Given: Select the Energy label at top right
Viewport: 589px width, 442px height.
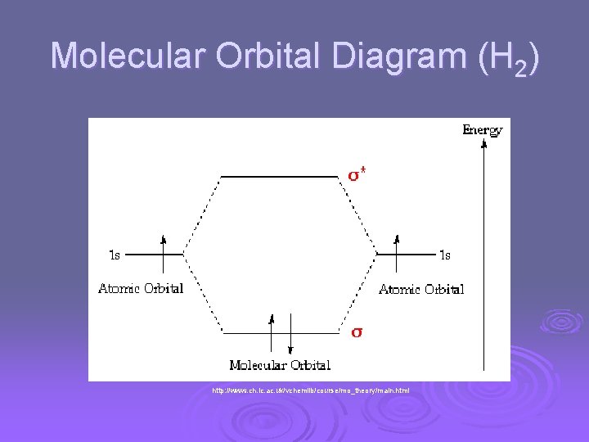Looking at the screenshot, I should tap(482, 129).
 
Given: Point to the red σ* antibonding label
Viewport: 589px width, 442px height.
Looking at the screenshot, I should tap(357, 174).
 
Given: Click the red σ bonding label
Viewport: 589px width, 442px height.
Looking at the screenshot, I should tap(357, 332).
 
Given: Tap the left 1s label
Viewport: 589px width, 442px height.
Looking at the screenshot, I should tap(115, 255).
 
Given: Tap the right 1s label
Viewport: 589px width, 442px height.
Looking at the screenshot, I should tap(444, 255).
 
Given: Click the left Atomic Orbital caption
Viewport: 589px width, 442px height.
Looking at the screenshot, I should tap(141, 288).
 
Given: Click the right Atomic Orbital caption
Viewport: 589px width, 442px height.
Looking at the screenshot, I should tap(421, 289).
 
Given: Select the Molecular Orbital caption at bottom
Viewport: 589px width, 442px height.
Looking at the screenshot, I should tap(280, 365).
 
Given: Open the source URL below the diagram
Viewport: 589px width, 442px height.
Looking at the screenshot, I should tap(310, 390).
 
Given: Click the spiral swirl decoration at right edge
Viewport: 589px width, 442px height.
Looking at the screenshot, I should tap(563, 322).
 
